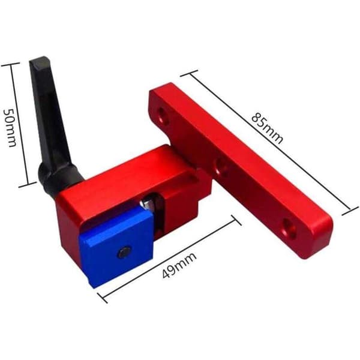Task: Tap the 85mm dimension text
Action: pyautogui.click(x=268, y=128)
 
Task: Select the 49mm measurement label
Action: pyautogui.click(x=179, y=265)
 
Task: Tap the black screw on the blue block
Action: pyautogui.click(x=125, y=253)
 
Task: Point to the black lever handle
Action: pyautogui.click(x=52, y=119)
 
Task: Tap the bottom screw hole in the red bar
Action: pyautogui.click(x=289, y=227)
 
